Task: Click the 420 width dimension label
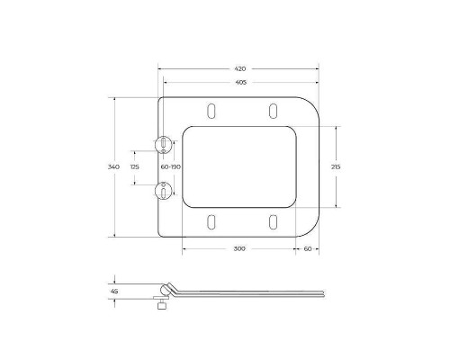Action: point(241,68)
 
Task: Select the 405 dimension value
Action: point(241,83)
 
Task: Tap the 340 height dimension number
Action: point(112,166)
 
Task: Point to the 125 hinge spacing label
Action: point(135,166)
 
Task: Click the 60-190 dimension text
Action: point(171,166)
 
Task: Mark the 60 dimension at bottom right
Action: point(308,248)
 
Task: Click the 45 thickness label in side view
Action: point(114,291)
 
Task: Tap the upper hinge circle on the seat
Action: point(163,143)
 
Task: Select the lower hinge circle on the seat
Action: point(163,189)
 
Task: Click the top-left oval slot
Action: point(211,111)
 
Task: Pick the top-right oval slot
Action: point(272,111)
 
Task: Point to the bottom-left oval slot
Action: point(211,222)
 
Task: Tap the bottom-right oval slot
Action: point(272,222)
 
